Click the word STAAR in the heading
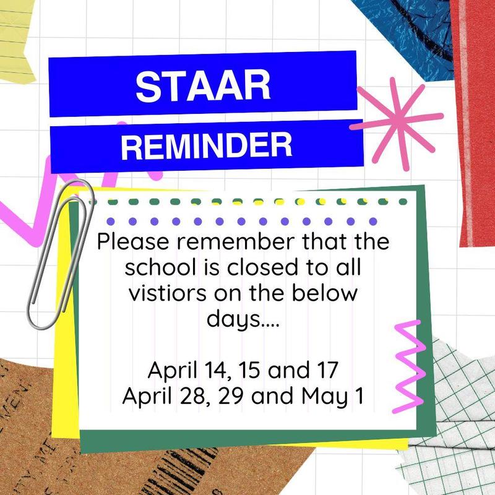coord(203,85)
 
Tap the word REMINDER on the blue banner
coord(206,146)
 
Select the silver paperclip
coord(59,254)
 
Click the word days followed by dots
coord(238,321)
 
